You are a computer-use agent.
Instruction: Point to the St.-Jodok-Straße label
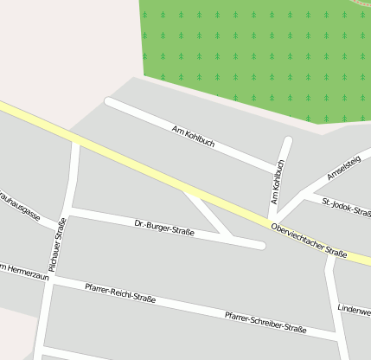tap(346, 207)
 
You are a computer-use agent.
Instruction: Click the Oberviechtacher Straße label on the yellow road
tap(309, 240)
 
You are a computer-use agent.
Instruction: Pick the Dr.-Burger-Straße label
tap(164, 228)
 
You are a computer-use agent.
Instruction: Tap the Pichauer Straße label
tap(59, 246)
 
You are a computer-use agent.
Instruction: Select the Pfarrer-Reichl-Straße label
tap(120, 292)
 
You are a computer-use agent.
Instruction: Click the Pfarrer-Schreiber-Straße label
tap(265, 323)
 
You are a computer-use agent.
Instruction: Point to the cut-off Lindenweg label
tap(354, 309)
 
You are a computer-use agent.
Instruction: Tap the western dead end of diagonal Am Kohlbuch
tap(109, 101)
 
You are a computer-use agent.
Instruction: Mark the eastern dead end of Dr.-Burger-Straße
tap(260, 246)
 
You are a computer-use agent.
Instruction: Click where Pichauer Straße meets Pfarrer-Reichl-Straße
tap(54, 279)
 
